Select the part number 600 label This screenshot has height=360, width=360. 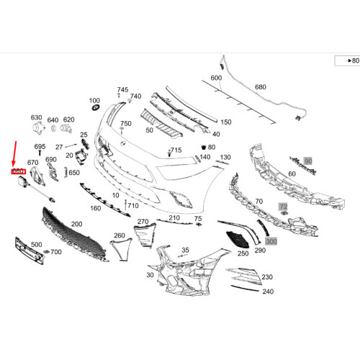(x=216, y=78)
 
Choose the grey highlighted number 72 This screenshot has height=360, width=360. (x=284, y=207)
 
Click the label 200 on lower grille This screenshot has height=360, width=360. (x=76, y=225)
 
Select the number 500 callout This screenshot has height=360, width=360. (x=36, y=245)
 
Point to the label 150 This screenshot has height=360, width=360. (x=225, y=122)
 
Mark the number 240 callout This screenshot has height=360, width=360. (x=268, y=292)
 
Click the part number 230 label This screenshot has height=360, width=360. (x=266, y=276)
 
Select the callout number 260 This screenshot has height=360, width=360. (x=120, y=235)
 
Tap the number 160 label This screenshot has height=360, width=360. (x=95, y=209)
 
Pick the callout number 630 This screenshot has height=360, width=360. (x=36, y=117)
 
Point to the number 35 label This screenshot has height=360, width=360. (x=185, y=250)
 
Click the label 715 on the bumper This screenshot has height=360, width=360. (x=176, y=150)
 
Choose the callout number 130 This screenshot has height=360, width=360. (x=225, y=157)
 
